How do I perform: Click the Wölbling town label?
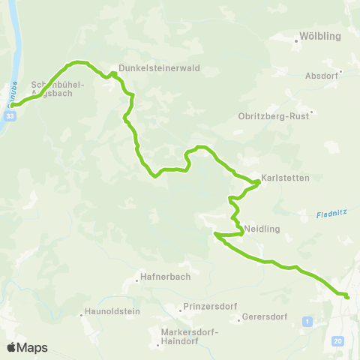[x=320, y=35]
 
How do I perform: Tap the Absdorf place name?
[x=322, y=76]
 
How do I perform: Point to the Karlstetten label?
[x=280, y=179]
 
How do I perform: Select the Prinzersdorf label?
[x=205, y=307]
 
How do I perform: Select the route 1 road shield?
[x=307, y=322]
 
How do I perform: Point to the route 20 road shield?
[x=338, y=341]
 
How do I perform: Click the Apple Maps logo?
[x=27, y=347]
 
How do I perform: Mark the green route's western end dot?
[x=13, y=106]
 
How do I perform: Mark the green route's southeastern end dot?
[x=347, y=297]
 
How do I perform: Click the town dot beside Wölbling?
[x=296, y=43]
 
